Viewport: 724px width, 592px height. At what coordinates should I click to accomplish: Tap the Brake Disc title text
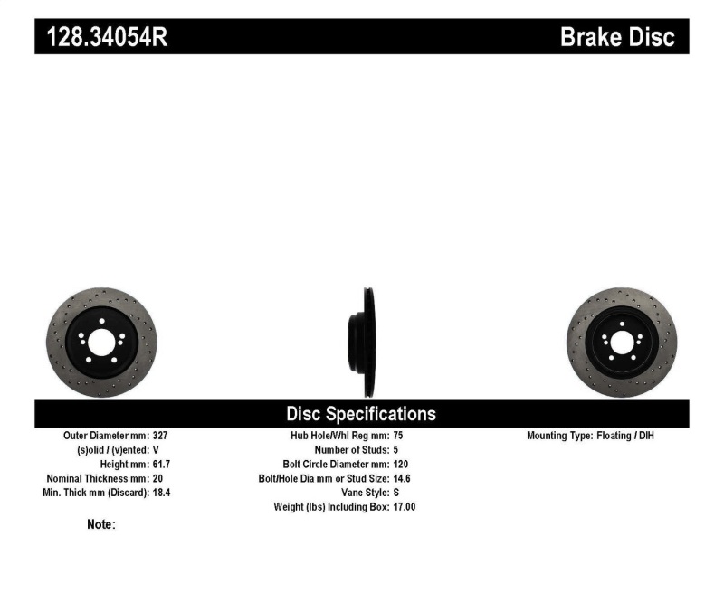point(617,37)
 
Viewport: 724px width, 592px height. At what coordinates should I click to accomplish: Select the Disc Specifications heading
point(361,414)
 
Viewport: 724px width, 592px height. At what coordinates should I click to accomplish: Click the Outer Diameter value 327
point(160,436)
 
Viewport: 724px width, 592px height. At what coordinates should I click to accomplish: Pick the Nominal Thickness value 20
point(157,478)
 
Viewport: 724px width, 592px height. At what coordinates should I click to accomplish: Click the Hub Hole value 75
point(399,436)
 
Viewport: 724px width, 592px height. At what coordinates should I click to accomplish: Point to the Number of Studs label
point(352,449)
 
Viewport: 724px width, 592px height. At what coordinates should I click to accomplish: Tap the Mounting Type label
point(559,436)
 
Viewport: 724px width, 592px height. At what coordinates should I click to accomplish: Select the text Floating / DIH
point(625,436)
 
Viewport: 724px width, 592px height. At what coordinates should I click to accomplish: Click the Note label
point(101,524)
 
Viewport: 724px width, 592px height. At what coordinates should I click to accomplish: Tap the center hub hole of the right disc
point(621,343)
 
